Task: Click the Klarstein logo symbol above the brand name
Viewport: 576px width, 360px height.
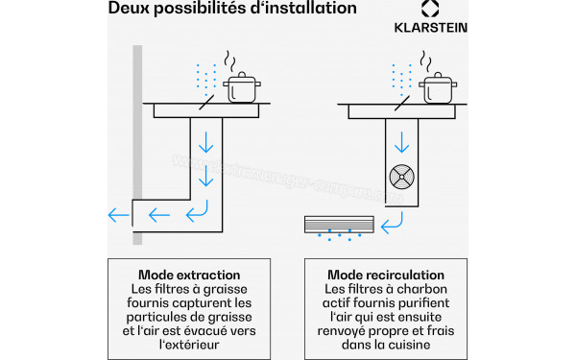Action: click(430, 8)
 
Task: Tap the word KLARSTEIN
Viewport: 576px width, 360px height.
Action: click(430, 28)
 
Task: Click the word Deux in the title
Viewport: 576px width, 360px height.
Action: click(129, 8)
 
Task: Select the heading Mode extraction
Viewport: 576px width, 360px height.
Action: click(189, 275)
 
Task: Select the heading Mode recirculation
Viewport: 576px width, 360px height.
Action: click(386, 275)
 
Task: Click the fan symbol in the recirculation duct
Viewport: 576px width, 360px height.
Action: click(402, 177)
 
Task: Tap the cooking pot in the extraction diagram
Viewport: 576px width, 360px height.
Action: click(242, 87)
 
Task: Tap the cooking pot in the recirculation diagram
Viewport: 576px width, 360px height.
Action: click(438, 88)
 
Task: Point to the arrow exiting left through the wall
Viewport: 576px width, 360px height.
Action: click(119, 215)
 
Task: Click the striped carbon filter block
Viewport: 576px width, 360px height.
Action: click(339, 225)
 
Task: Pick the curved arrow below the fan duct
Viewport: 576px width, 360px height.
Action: click(392, 223)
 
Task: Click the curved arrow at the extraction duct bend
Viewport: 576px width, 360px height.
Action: click(197, 211)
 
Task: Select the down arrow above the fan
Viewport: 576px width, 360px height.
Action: click(402, 142)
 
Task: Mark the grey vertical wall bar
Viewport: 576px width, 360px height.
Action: click(137, 145)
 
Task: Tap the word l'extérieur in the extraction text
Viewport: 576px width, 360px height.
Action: click(189, 345)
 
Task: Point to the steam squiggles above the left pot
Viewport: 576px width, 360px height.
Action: click(230, 61)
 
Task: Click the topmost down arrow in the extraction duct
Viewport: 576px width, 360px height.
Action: click(206, 142)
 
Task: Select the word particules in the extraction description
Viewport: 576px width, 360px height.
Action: click(156, 318)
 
